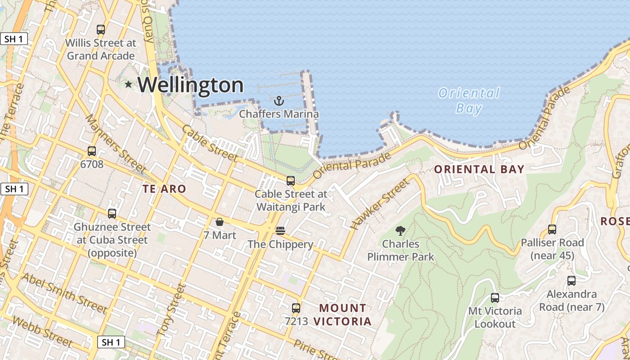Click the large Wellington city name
click(x=190, y=85)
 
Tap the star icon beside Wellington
click(x=129, y=84)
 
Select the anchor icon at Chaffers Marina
click(x=279, y=100)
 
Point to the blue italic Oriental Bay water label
click(x=469, y=100)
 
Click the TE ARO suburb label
click(x=164, y=189)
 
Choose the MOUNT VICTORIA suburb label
click(x=342, y=315)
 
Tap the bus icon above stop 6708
click(x=92, y=151)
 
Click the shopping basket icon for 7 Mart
click(x=220, y=222)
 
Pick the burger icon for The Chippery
click(x=280, y=231)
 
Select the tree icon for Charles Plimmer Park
click(x=400, y=231)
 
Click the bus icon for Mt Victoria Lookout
click(x=495, y=298)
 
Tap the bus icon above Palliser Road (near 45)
click(x=552, y=229)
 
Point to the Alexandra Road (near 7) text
click(x=571, y=301)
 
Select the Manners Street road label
click(x=116, y=144)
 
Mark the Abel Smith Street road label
click(x=64, y=293)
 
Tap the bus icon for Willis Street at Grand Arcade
click(x=101, y=30)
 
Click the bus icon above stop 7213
click(x=296, y=308)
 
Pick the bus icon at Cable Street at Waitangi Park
click(x=291, y=181)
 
